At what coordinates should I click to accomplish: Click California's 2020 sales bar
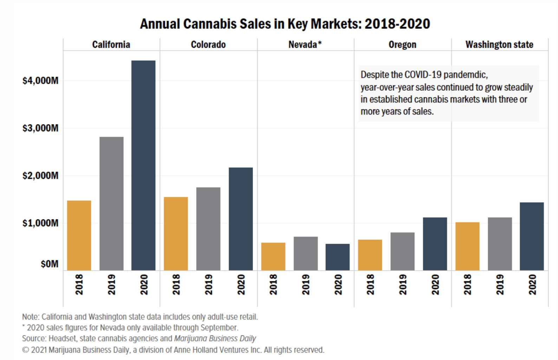pyautogui.click(x=143, y=165)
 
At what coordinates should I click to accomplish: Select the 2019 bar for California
pyautogui.click(x=111, y=204)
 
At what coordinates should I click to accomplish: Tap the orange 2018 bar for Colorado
pyautogui.click(x=176, y=234)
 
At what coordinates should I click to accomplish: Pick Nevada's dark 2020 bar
pyautogui.click(x=337, y=257)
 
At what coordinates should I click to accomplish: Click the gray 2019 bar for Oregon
pyautogui.click(x=402, y=251)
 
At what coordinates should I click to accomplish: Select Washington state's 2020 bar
pyautogui.click(x=532, y=236)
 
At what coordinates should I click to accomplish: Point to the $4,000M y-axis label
pyautogui.click(x=40, y=81)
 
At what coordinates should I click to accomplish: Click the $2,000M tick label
pyautogui.click(x=40, y=175)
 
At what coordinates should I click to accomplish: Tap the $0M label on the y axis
pyautogui.click(x=50, y=264)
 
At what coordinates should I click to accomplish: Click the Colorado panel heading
pyautogui.click(x=208, y=45)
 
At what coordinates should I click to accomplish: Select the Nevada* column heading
pyautogui.click(x=305, y=45)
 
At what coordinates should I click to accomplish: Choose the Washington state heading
pyautogui.click(x=499, y=45)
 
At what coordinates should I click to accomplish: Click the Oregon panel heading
pyautogui.click(x=402, y=45)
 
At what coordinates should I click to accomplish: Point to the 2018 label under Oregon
pyautogui.click(x=370, y=284)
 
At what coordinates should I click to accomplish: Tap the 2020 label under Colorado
pyautogui.click(x=241, y=284)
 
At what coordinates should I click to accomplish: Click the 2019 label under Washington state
pyautogui.click(x=500, y=284)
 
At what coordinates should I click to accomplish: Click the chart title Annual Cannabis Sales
pyautogui.click(x=285, y=24)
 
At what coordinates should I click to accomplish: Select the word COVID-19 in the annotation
pyautogui.click(x=423, y=75)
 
